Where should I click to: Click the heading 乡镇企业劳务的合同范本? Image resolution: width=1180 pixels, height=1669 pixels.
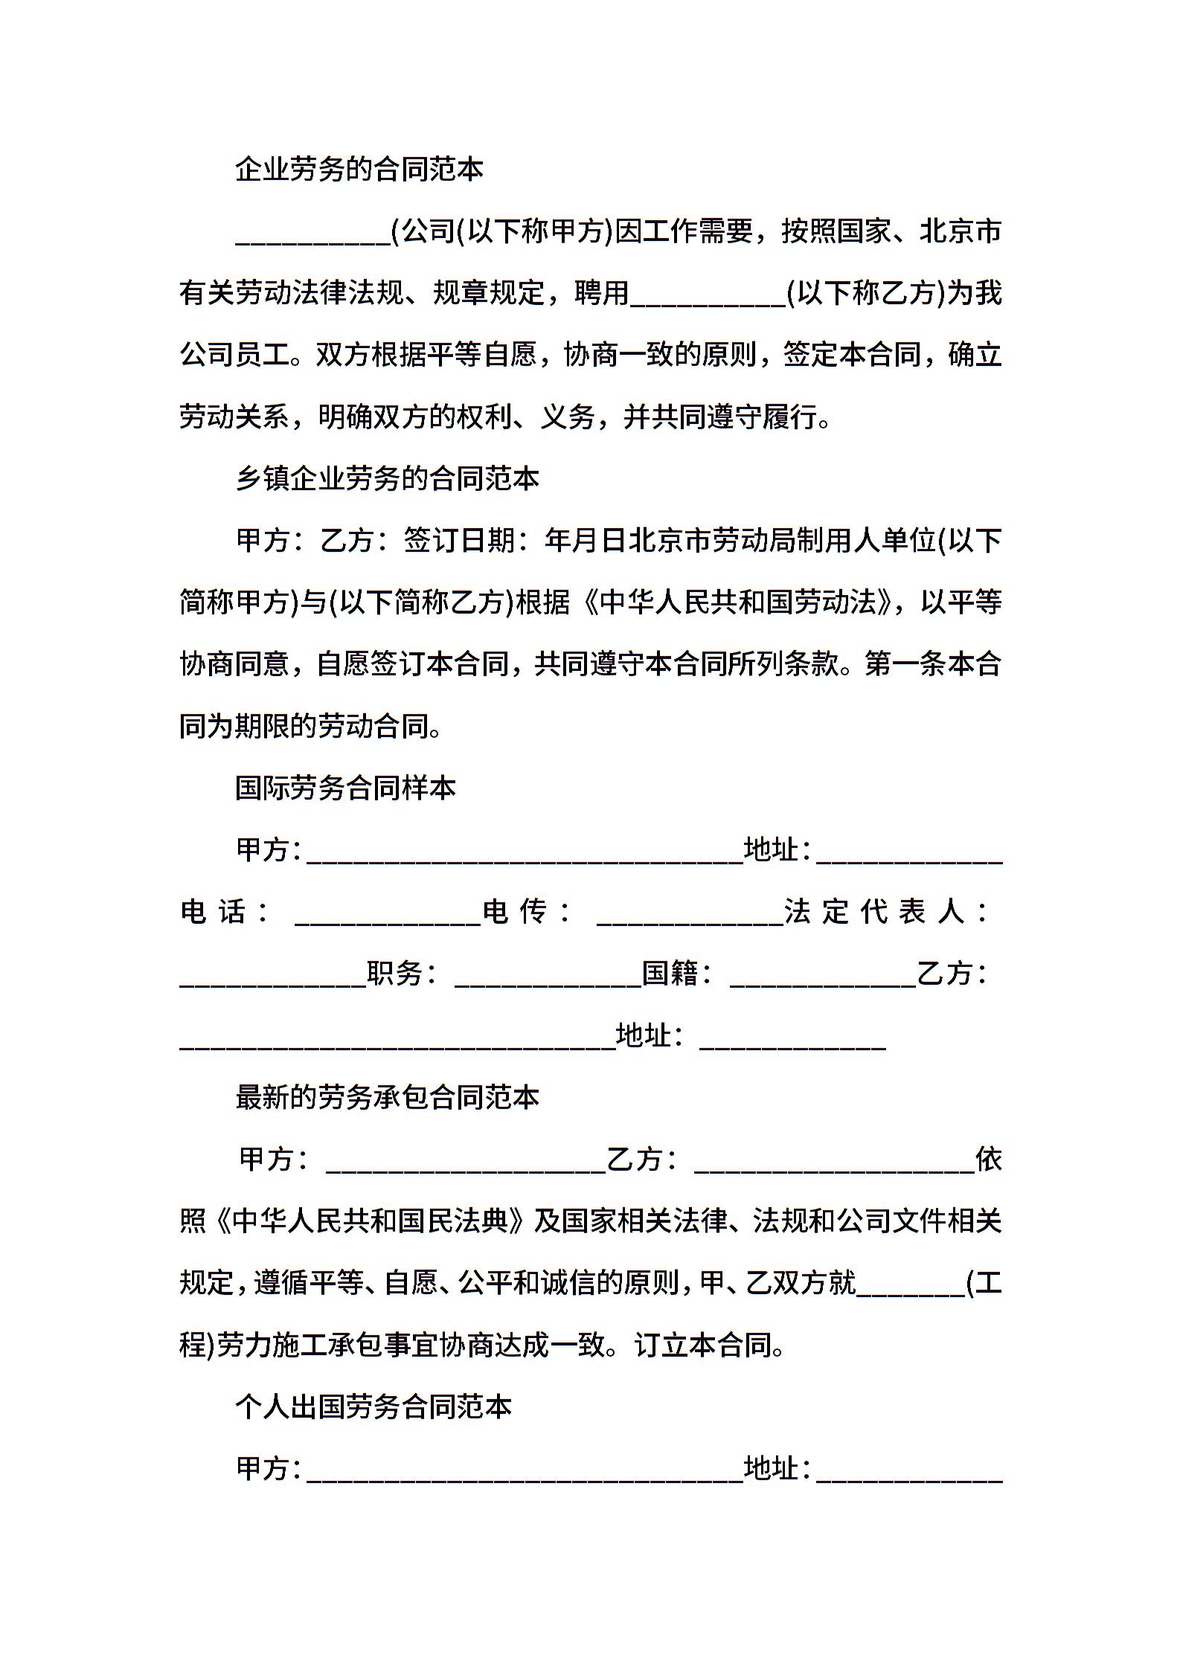pos(387,478)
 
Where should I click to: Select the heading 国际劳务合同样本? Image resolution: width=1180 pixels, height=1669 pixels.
pos(345,788)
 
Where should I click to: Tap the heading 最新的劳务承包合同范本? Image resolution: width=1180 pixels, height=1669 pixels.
pos(387,1097)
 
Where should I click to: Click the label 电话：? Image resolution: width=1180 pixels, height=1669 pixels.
pos(224,912)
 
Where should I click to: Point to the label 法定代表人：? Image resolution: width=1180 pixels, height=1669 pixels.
pos(885,912)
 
